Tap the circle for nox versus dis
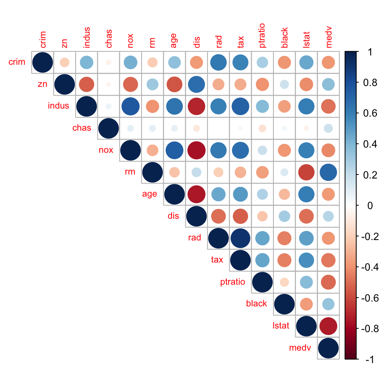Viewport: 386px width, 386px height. click(x=196, y=150)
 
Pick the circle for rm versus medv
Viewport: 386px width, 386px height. click(x=328, y=172)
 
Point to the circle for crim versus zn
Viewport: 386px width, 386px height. click(x=64, y=62)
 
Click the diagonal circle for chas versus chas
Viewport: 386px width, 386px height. click(x=108, y=128)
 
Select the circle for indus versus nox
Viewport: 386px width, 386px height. click(x=130, y=106)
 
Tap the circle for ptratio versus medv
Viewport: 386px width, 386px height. click(x=328, y=282)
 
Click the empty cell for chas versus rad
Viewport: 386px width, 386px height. click(x=218, y=128)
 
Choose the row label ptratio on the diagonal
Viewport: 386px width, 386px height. click(x=233, y=282)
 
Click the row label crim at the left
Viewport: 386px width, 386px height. click(x=17, y=62)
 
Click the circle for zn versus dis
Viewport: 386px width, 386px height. click(x=196, y=84)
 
